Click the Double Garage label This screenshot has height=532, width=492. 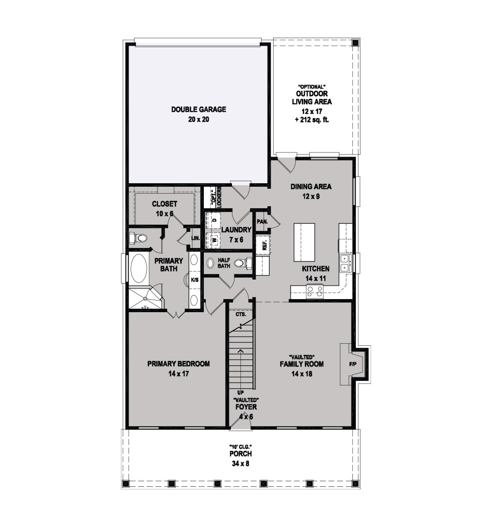[x=198, y=109]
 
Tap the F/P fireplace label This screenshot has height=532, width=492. [x=352, y=364]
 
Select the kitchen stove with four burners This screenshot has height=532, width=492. [x=315, y=292]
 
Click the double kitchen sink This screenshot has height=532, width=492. [x=346, y=263]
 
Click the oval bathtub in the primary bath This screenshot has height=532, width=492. [x=139, y=269]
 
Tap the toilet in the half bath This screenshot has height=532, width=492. [x=243, y=263]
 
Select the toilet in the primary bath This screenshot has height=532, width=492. [x=139, y=238]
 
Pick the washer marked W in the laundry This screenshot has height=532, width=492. [x=214, y=239]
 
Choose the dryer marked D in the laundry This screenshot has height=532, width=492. [x=214, y=220]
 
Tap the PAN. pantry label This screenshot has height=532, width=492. [x=262, y=222]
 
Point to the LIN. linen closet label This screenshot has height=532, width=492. [x=195, y=238]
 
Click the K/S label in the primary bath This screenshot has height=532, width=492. [x=195, y=280]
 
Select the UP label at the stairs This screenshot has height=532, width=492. [x=240, y=392]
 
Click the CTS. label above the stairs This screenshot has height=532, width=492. [x=240, y=315]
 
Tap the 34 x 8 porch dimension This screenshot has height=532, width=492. [x=240, y=463]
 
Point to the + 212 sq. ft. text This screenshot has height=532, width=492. [x=312, y=120]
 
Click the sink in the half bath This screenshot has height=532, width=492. [x=210, y=263]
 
